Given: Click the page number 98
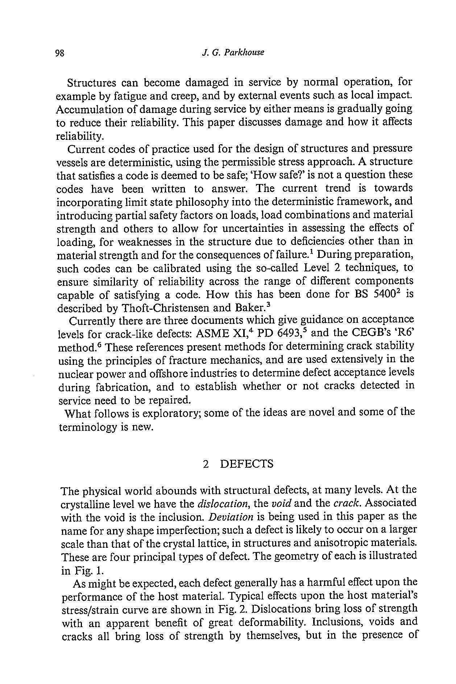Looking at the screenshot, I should click(59, 53).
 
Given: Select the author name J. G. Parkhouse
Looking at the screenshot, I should click(232, 53).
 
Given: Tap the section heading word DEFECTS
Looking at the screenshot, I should click(246, 464).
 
